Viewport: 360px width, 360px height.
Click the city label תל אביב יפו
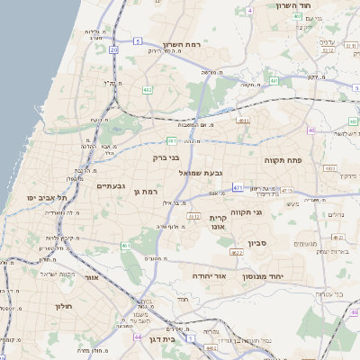[43, 196]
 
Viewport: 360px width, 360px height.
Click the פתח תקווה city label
[283, 160]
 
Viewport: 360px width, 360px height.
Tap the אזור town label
[90, 278]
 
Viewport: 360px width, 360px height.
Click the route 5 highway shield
[137, 41]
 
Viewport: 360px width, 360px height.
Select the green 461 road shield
[127, 245]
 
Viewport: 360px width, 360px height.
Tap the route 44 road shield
[137, 337]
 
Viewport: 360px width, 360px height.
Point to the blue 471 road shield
[238, 187]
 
